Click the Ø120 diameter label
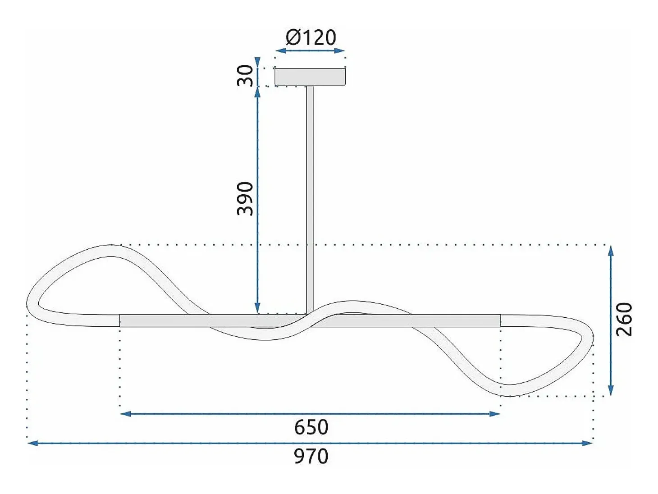tap(311, 38)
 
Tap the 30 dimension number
tap(245, 76)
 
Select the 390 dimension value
tap(245, 199)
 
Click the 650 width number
tap(311, 427)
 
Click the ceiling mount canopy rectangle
tap(310, 78)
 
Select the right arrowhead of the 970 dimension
tap(588, 443)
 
